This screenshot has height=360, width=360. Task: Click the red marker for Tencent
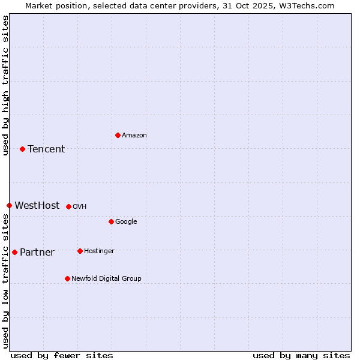click(22, 149)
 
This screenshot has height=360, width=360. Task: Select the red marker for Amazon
click(118, 135)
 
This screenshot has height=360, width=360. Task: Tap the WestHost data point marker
click(9, 205)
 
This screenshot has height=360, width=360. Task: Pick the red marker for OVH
click(68, 206)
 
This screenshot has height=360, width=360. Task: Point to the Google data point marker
click(111, 221)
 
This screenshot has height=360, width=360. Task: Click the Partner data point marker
click(14, 252)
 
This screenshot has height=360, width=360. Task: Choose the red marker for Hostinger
click(80, 251)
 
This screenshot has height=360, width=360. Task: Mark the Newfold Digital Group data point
click(67, 278)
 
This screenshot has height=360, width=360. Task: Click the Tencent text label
click(46, 149)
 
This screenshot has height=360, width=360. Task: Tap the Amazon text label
click(134, 135)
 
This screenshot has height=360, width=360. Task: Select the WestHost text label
click(37, 205)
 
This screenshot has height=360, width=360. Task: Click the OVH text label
click(80, 206)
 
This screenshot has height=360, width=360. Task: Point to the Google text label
click(126, 221)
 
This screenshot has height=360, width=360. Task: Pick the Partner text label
click(37, 252)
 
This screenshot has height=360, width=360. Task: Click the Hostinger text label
click(99, 251)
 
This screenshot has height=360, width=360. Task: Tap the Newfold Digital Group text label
click(106, 278)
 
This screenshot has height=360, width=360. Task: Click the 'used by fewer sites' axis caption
click(62, 355)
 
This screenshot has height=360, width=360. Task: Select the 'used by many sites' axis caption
click(301, 355)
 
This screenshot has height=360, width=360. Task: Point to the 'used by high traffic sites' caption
click(5, 85)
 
